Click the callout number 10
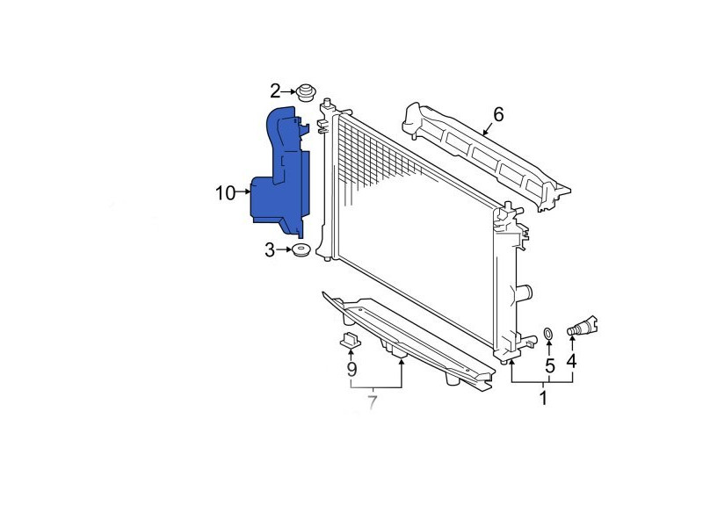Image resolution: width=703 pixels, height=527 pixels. point(225,193)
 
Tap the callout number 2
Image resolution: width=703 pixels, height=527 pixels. point(275,91)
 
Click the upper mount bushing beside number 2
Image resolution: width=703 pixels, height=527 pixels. point(306,92)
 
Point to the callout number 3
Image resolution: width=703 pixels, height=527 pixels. point(270,250)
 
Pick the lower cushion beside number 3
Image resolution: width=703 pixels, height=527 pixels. point(301,249)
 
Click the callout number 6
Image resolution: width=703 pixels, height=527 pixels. point(498,114)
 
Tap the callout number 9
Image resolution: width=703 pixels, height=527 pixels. point(352,370)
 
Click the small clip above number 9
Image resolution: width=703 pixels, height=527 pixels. point(350,340)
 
